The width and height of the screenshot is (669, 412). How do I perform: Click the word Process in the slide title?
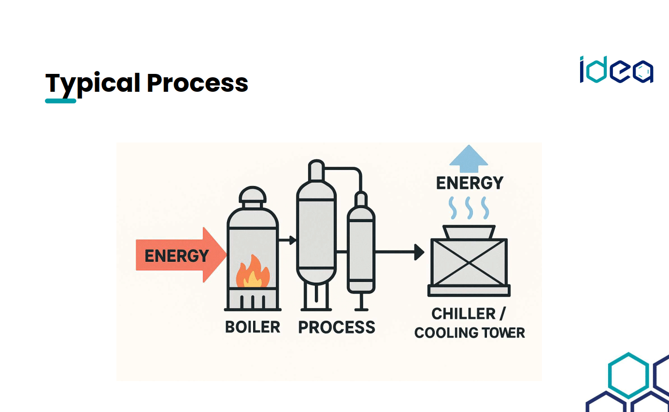(x=198, y=83)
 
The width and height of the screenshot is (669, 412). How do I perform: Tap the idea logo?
(x=616, y=71)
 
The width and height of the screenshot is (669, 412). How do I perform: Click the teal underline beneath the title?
(x=60, y=101)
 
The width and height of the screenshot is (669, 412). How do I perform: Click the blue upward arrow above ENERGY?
(x=468, y=159)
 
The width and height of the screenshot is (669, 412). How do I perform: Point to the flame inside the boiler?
(x=251, y=274)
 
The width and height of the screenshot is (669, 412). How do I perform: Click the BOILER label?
(x=253, y=327)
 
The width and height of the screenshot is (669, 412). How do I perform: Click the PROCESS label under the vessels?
(x=336, y=327)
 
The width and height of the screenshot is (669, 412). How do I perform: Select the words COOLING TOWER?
(x=470, y=333)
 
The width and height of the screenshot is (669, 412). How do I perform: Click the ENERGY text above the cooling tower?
(x=470, y=183)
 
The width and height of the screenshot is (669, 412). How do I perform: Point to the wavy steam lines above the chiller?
(x=469, y=208)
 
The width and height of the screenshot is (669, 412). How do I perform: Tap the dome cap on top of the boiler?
(x=253, y=195)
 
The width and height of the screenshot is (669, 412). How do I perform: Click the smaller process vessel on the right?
(x=361, y=251)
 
